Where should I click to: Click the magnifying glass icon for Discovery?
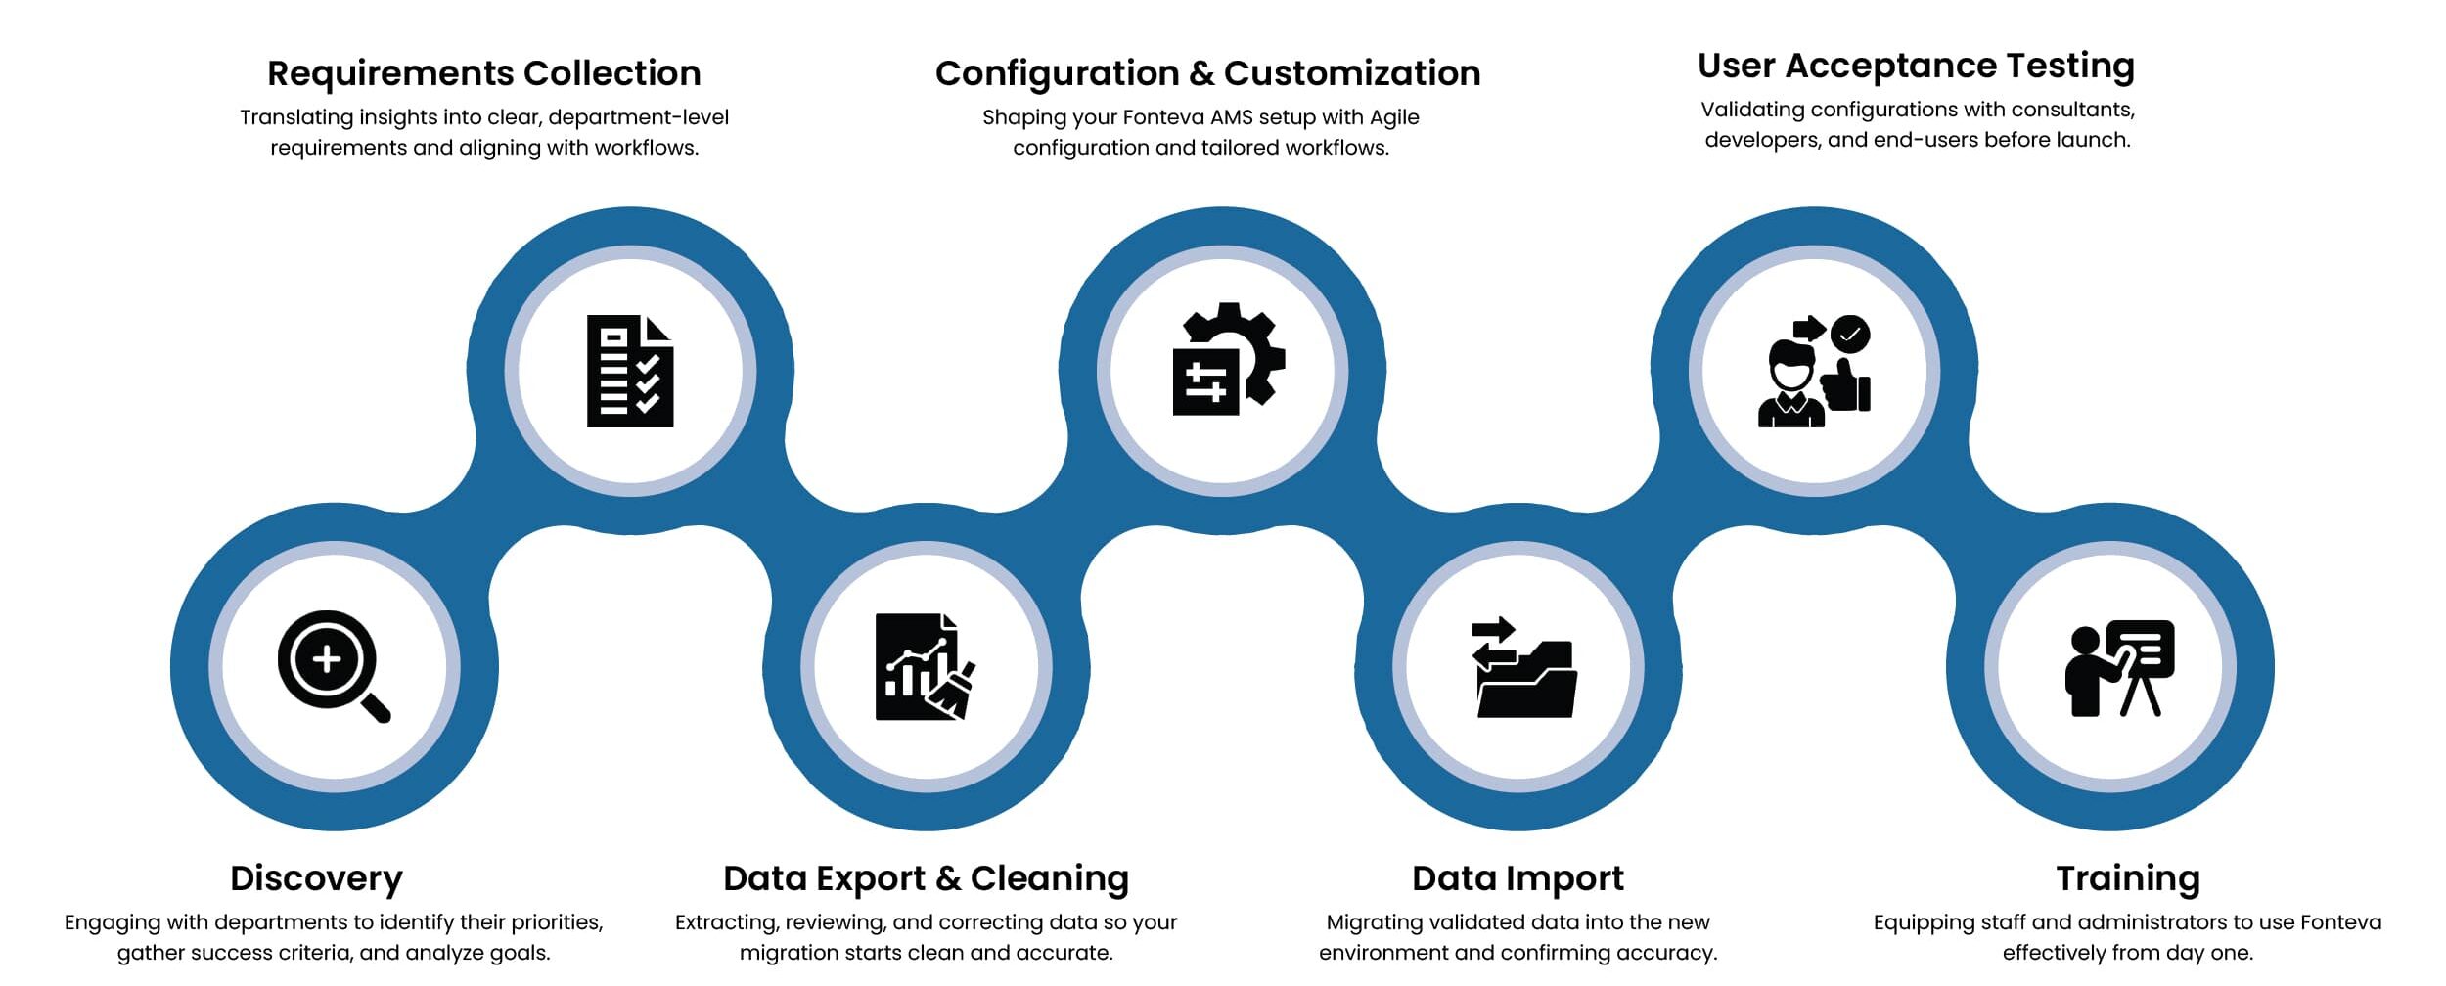(x=334, y=666)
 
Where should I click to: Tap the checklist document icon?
(x=630, y=371)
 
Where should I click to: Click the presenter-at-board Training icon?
(x=2119, y=668)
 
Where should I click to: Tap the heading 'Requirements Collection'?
(x=484, y=73)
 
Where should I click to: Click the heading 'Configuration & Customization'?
(x=1207, y=73)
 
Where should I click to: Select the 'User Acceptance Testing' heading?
(x=1916, y=66)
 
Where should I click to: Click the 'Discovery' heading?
(x=316, y=877)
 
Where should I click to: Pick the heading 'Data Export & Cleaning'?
(x=926, y=877)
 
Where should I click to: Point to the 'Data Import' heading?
(x=1517, y=877)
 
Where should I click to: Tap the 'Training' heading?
(x=2128, y=877)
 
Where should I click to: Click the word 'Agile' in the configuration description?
(x=1394, y=117)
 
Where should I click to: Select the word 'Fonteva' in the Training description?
(x=2340, y=922)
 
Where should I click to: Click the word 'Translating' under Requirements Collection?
(x=296, y=117)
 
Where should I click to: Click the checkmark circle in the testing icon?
(x=1850, y=334)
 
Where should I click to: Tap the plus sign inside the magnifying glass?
(x=327, y=658)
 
